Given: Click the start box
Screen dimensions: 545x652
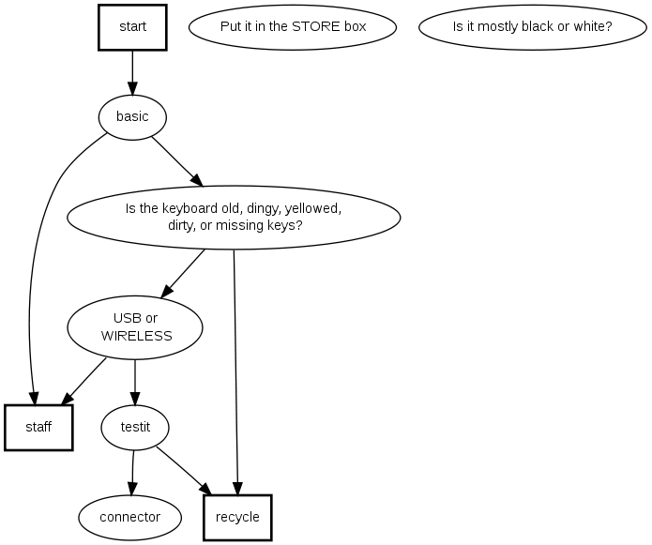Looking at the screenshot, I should (x=132, y=27).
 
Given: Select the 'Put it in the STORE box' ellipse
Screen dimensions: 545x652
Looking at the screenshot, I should (x=293, y=27).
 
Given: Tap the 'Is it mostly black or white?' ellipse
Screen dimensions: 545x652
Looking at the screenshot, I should (x=532, y=27).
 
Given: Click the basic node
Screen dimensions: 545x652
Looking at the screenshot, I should (x=132, y=117).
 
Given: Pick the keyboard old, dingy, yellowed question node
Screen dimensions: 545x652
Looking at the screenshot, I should (x=234, y=218).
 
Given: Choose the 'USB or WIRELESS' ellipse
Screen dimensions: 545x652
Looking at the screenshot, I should (x=135, y=326).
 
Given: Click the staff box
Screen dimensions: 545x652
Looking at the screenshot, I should (x=38, y=427).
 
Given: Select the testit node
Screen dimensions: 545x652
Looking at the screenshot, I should (x=135, y=427).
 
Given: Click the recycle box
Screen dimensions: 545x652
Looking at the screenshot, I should (x=237, y=517).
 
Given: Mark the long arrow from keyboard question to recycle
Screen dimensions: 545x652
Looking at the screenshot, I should (x=235, y=375).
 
